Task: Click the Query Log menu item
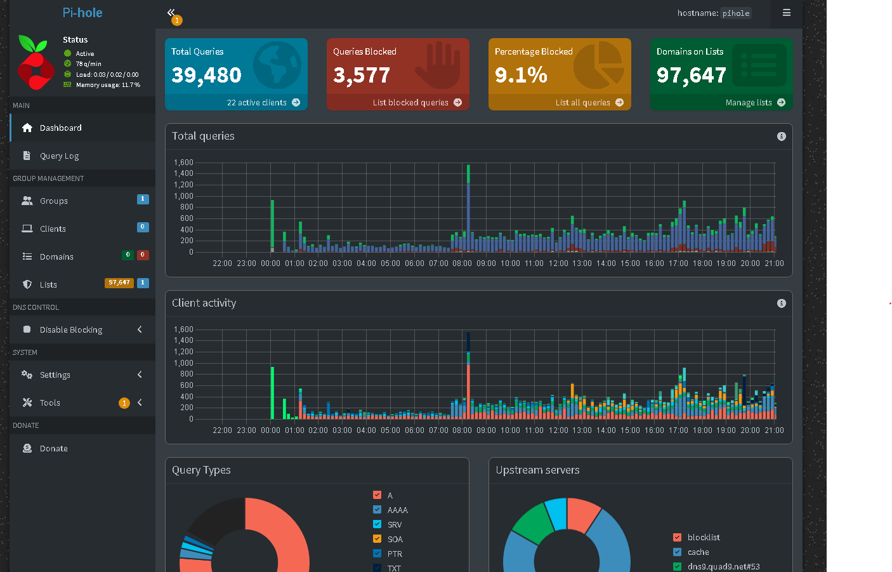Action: click(x=60, y=156)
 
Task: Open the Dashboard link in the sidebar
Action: click(x=60, y=128)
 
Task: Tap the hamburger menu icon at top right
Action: click(x=787, y=13)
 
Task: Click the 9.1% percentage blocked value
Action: click(x=521, y=75)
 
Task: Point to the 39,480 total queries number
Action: click(x=206, y=75)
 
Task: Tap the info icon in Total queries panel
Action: click(x=782, y=136)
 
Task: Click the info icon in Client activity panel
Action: click(x=782, y=303)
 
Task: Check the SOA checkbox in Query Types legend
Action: click(x=377, y=539)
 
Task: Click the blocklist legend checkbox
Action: click(x=677, y=537)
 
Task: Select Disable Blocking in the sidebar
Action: click(x=71, y=329)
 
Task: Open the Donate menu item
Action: click(x=53, y=448)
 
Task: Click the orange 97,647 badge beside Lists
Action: click(x=119, y=283)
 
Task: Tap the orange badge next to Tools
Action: click(x=124, y=403)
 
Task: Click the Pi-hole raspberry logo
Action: click(x=36, y=62)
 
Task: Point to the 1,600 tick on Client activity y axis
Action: click(x=183, y=329)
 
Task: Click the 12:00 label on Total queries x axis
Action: click(x=558, y=263)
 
